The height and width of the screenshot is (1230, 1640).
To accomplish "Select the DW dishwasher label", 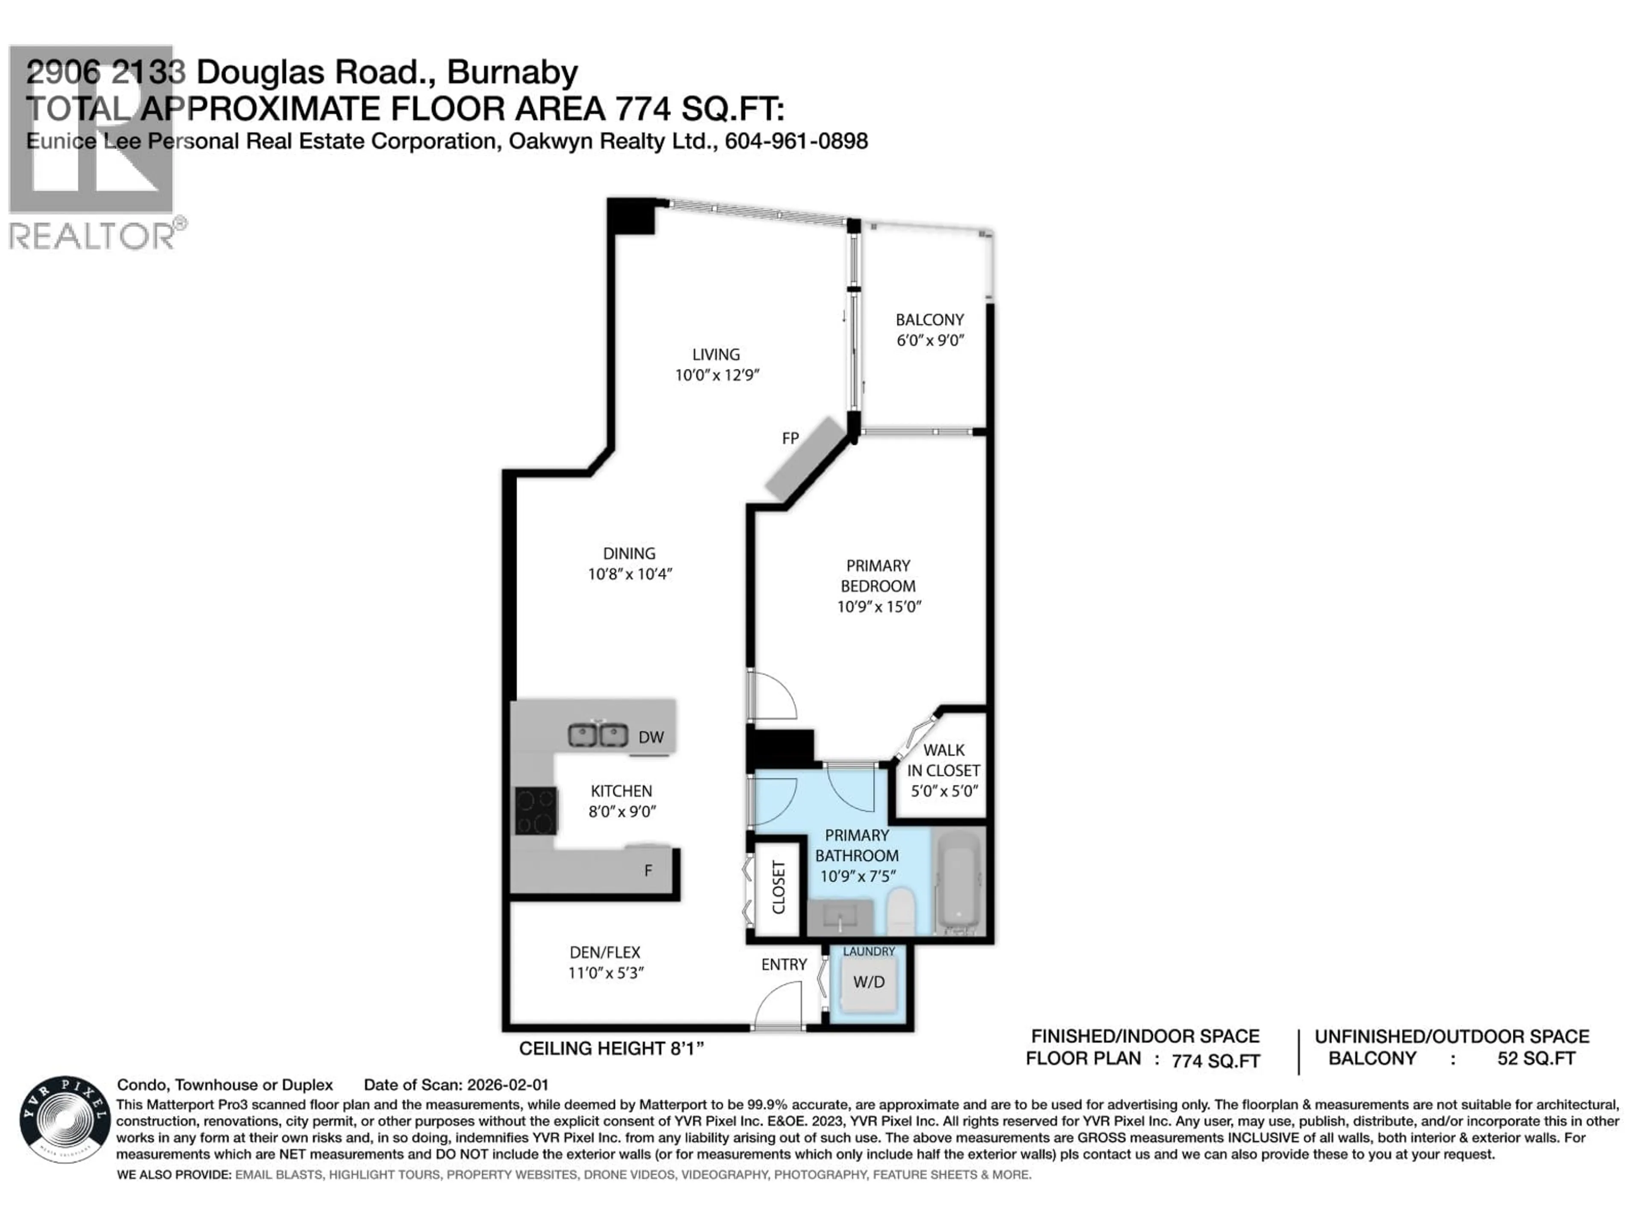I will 651,737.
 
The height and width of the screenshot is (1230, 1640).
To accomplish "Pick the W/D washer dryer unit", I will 868,982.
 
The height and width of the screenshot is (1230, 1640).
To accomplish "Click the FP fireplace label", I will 791,438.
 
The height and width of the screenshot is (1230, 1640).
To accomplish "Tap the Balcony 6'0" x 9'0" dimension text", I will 930,340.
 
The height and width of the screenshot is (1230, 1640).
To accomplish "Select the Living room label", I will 716,354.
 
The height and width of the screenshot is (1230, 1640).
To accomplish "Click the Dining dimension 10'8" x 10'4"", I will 630,574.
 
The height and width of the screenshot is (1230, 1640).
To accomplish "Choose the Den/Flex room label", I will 605,952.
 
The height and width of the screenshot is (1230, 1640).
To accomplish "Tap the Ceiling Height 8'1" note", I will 611,1048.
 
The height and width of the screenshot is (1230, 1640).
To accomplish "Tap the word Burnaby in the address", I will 512,73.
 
